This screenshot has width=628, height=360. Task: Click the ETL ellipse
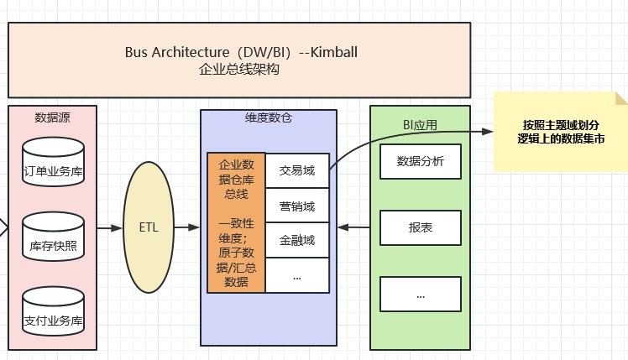click(153, 227)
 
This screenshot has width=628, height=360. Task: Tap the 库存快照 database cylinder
click(53, 237)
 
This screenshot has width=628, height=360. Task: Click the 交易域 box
click(297, 170)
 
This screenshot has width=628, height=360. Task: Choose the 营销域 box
click(297, 206)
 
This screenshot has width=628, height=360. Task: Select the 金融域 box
click(297, 241)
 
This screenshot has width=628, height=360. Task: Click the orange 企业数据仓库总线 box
click(237, 223)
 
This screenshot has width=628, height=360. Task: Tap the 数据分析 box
click(421, 161)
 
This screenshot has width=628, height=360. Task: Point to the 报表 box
click(421, 227)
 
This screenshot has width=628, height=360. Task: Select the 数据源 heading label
click(53, 117)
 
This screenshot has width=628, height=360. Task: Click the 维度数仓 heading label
click(269, 119)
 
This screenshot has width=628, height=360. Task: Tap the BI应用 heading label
click(420, 125)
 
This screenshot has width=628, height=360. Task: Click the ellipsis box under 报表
click(421, 295)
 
